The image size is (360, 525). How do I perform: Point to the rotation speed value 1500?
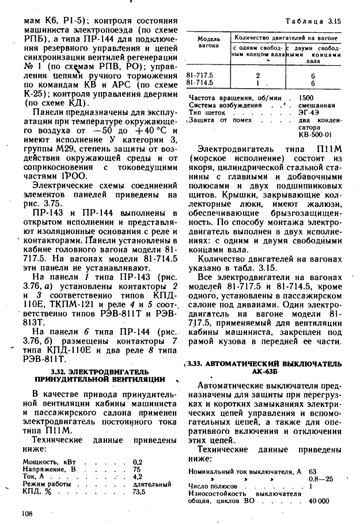(x=306, y=98)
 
